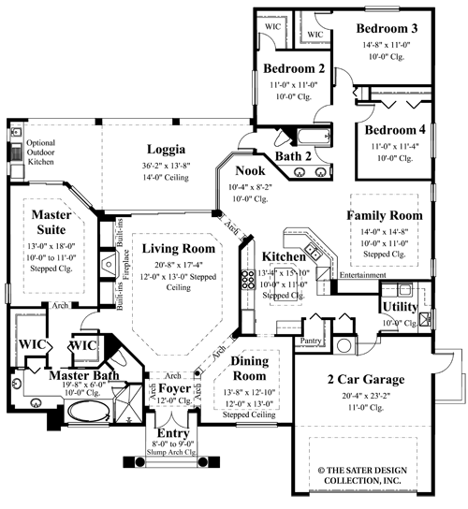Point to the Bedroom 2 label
coord(294,69)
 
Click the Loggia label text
coord(165,149)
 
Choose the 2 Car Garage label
coord(365,379)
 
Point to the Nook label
coord(250,171)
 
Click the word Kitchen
coord(284,256)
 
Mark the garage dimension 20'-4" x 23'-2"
coord(365,396)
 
